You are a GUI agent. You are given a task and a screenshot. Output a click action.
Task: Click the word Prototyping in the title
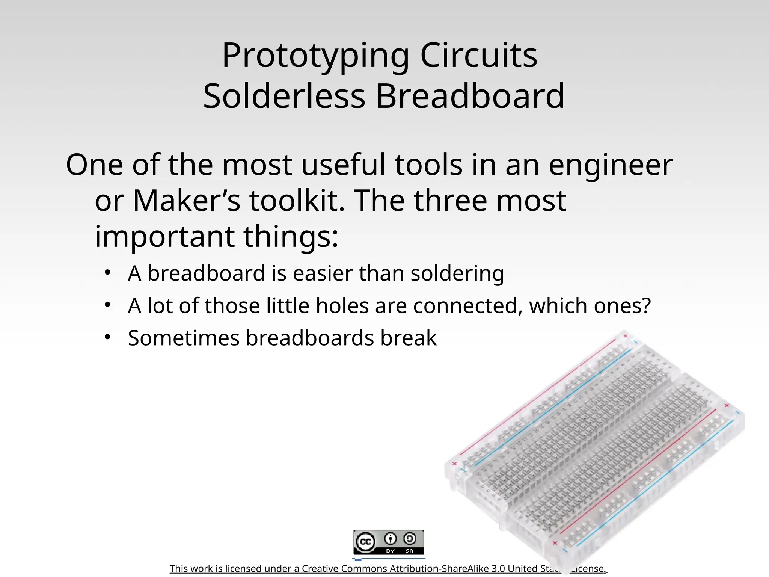pyautogui.click(x=315, y=56)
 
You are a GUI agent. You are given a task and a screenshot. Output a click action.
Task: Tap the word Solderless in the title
pyautogui.click(x=284, y=96)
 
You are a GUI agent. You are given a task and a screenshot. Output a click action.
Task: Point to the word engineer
pyautogui.click(x=611, y=166)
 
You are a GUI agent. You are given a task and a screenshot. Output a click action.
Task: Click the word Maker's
pyautogui.click(x=186, y=201)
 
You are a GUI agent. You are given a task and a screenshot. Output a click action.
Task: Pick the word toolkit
pyautogui.click(x=297, y=201)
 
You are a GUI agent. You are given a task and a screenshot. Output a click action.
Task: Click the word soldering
pyautogui.click(x=457, y=274)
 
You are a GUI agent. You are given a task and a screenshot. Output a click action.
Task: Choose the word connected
pyautogui.click(x=467, y=306)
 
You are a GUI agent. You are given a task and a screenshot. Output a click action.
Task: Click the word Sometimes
pyautogui.click(x=183, y=338)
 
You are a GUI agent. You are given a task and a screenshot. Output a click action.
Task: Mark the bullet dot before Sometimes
pyautogui.click(x=108, y=337)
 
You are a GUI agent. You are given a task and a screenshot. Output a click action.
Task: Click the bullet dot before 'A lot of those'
pyautogui.click(x=108, y=305)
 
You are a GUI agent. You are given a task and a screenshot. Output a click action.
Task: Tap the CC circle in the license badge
pyautogui.click(x=365, y=542)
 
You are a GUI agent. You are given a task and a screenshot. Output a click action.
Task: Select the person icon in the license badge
pyautogui.click(x=391, y=539)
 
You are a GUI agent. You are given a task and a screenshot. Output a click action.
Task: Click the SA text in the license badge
pyautogui.click(x=409, y=551)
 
